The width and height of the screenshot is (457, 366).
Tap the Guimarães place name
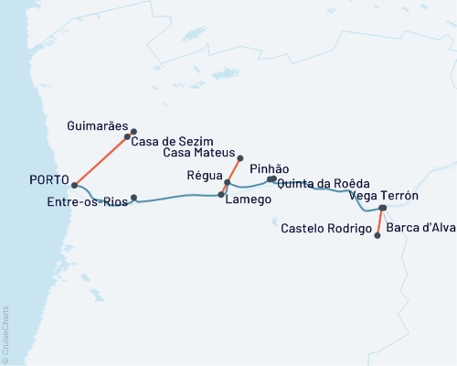click(x=99, y=124)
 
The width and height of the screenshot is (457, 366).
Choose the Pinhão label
click(x=269, y=169)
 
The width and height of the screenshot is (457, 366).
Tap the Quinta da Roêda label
click(x=324, y=183)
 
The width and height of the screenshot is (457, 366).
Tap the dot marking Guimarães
click(x=134, y=131)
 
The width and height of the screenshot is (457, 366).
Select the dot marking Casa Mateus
click(x=239, y=158)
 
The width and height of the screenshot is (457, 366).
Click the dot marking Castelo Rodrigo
click(x=377, y=235)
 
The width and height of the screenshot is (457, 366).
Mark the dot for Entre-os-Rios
click(x=134, y=198)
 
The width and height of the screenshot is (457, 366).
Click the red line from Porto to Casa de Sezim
click(x=101, y=160)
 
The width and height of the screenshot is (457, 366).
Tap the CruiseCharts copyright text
click(x=5, y=333)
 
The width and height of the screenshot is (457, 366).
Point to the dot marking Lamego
click(x=221, y=195)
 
